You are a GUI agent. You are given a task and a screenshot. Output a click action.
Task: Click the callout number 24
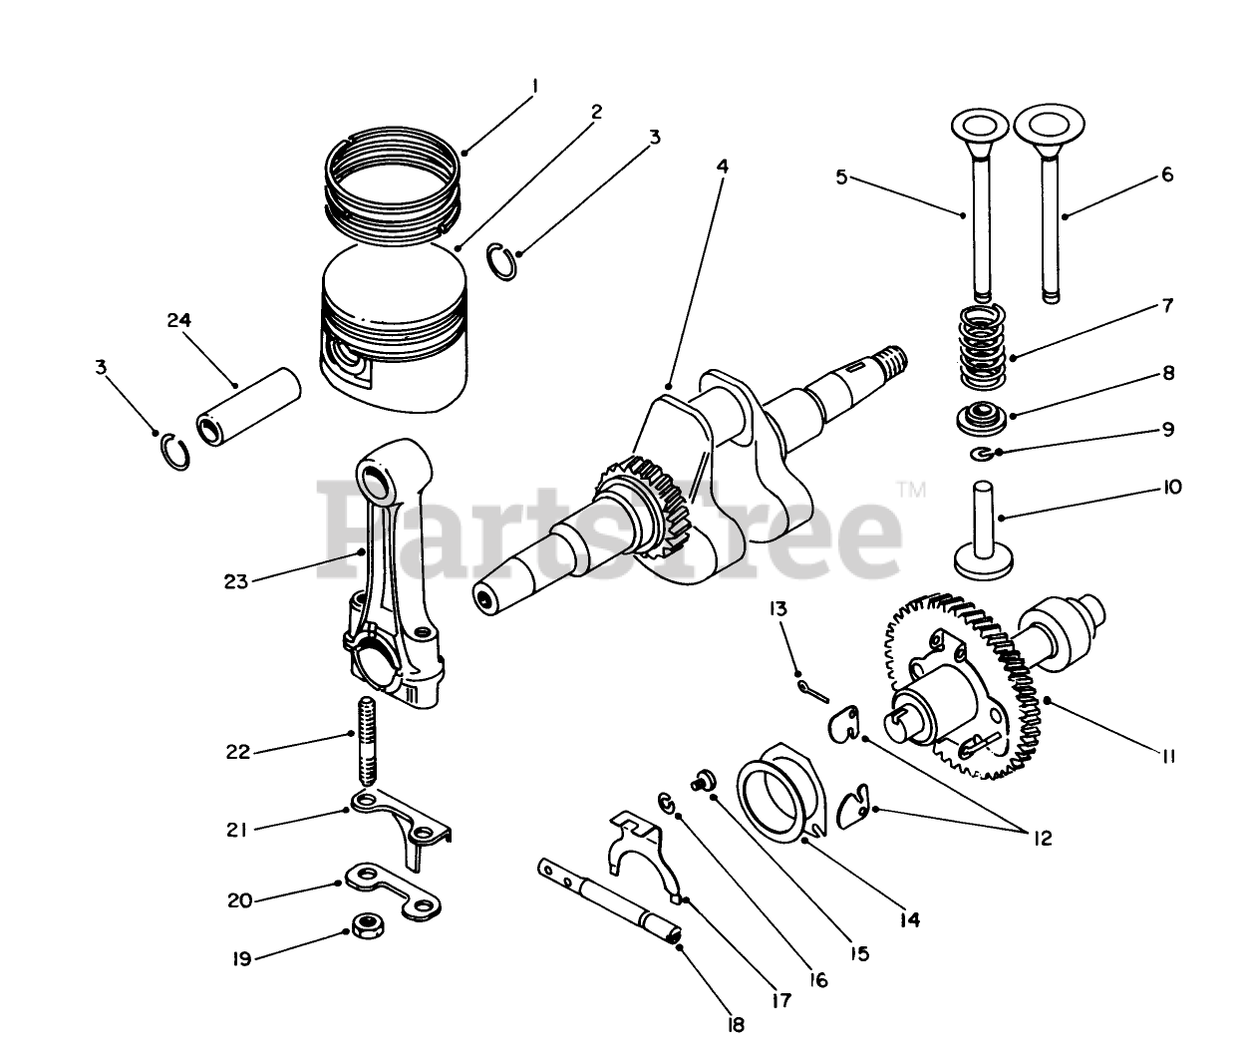tap(179, 320)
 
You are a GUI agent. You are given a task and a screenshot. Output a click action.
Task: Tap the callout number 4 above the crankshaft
tap(722, 167)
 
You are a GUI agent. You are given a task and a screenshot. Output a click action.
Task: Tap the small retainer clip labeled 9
tap(984, 455)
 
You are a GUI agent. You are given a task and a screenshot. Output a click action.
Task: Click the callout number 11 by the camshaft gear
tap(1168, 757)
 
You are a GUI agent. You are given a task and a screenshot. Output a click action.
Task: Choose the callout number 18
tap(737, 1024)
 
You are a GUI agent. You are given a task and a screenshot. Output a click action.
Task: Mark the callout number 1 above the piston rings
tap(535, 87)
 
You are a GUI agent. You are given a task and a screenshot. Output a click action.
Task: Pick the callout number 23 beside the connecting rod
tap(235, 581)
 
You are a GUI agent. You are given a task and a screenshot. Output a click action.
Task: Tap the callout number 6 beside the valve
tap(1167, 175)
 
